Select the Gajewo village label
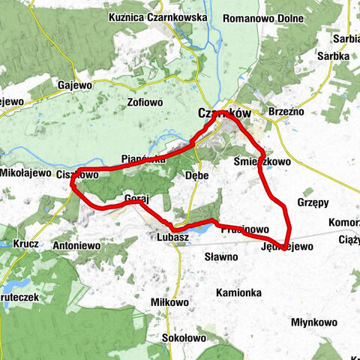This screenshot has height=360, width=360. point(74,85)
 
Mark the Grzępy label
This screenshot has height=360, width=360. point(313,202)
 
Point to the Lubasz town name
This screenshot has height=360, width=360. point(172,237)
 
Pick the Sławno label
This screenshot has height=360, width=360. point(221,256)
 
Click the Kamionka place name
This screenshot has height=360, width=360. point(238,292)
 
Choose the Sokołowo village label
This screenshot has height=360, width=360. point(184,338)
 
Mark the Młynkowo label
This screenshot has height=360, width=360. point(313,322)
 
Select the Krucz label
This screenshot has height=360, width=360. point(26,244)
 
